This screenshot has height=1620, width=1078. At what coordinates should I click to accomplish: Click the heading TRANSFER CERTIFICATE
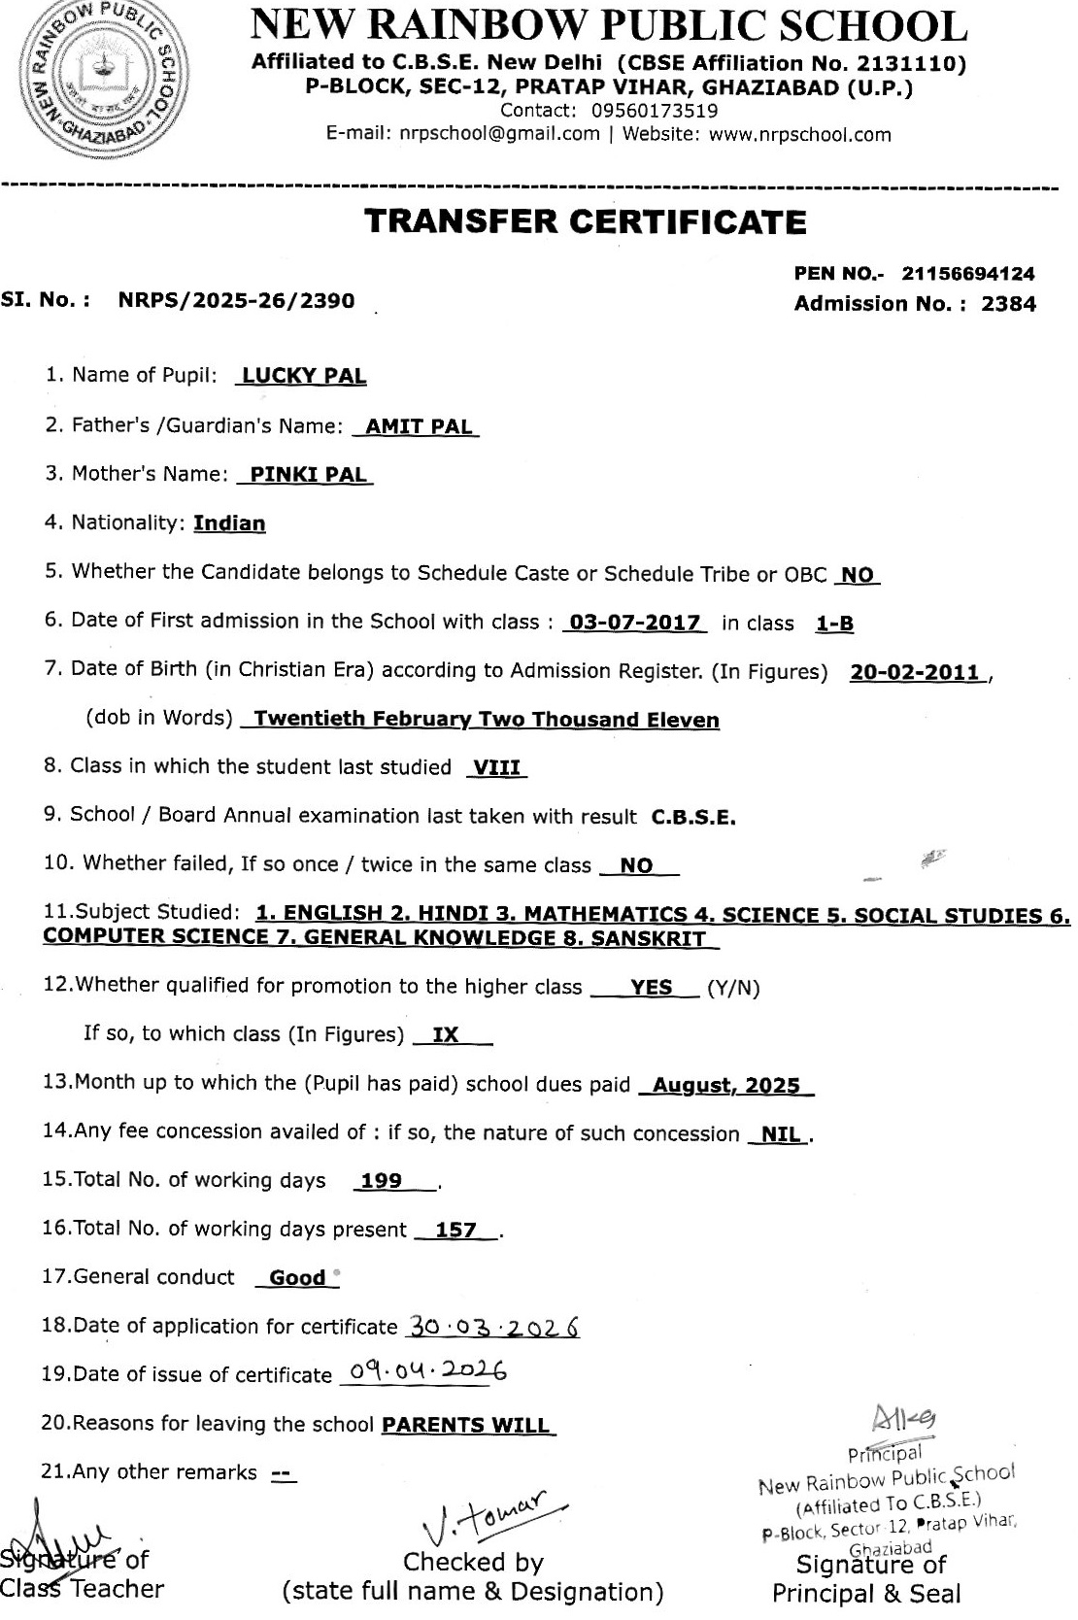point(586,222)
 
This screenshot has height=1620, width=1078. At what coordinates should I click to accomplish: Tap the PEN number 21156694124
point(968,274)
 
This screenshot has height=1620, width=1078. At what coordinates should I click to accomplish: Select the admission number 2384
point(1008,304)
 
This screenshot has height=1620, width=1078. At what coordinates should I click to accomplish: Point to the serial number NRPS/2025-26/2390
point(236,301)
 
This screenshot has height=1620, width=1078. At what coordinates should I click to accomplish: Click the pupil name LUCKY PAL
point(304,376)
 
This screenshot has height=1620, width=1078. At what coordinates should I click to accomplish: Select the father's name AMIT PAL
point(419,426)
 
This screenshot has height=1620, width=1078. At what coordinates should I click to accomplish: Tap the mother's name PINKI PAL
point(308,475)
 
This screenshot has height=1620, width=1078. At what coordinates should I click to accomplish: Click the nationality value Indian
point(229,523)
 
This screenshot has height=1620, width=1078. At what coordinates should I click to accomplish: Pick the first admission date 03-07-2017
point(635,623)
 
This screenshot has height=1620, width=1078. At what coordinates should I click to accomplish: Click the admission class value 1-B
point(834,624)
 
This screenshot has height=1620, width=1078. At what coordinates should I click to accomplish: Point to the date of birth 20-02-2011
point(916,672)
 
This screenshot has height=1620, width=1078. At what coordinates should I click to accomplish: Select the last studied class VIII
point(497,768)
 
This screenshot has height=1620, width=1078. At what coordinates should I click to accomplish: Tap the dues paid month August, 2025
point(726,1086)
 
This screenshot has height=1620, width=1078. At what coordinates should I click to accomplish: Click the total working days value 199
point(381,1181)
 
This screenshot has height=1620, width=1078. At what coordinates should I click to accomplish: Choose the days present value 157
point(455,1231)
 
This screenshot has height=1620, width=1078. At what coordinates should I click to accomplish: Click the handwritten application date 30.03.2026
point(494,1326)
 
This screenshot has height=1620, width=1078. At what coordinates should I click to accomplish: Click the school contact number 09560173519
point(656,111)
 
